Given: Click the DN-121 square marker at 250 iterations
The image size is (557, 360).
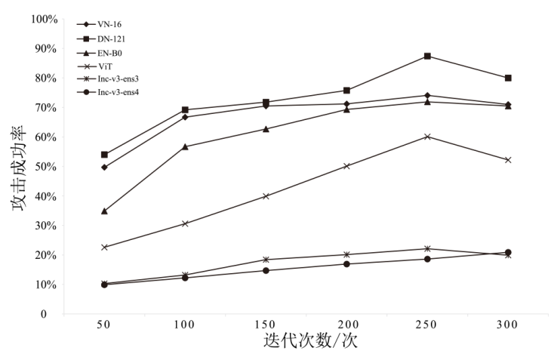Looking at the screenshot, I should click(x=427, y=56).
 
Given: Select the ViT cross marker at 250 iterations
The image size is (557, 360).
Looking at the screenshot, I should click(x=427, y=137).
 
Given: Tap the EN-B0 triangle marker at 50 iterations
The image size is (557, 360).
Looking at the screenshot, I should click(x=104, y=211).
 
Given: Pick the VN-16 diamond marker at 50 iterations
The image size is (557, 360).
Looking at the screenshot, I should click(x=104, y=167).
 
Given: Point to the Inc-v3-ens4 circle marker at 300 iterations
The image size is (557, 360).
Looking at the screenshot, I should click(x=508, y=252).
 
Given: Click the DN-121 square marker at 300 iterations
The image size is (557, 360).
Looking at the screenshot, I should click(x=508, y=78).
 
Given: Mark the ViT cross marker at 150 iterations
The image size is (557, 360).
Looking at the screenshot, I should click(x=266, y=196).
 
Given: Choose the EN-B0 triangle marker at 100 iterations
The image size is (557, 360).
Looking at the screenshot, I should click(x=185, y=146).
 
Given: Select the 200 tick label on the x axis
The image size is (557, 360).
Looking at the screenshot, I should click(x=346, y=325).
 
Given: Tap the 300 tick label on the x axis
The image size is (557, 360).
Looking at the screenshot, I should click(x=508, y=325).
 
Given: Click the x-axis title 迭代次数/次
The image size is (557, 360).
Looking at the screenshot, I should click(x=310, y=341).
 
